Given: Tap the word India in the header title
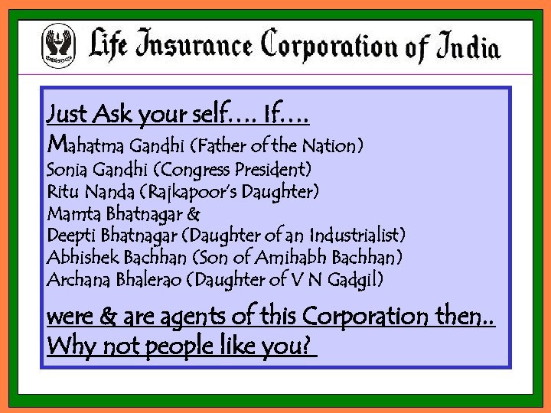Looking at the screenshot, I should pyautogui.click(x=468, y=47).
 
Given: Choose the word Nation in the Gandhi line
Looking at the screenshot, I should pyautogui.click(x=330, y=145).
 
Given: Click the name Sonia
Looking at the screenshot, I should pyautogui.click(x=67, y=168).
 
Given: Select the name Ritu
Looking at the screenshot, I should pyautogui.click(x=61, y=190).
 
